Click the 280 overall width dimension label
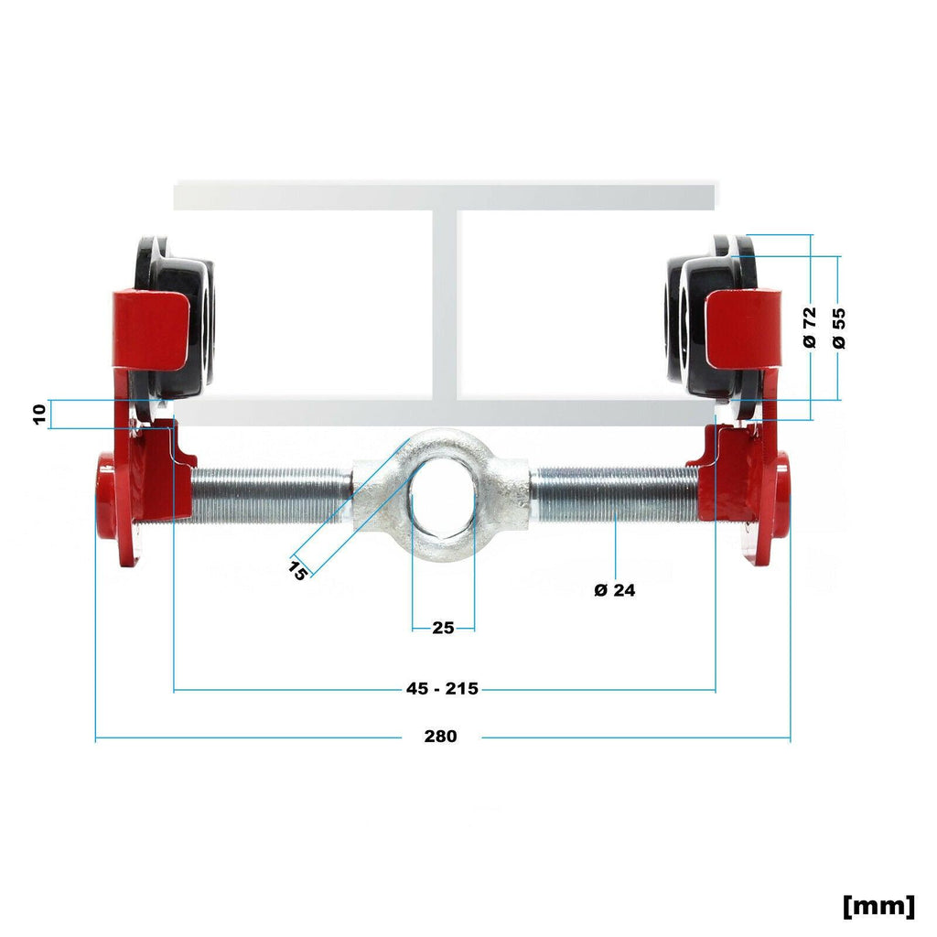tap(440, 736)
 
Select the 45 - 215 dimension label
tap(442, 688)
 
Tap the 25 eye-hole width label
tap(443, 628)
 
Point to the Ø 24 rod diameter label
tap(614, 590)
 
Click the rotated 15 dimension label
tap(298, 569)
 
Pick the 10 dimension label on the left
tap(39, 415)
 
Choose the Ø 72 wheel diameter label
tap(809, 328)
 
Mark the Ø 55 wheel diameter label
tap(839, 328)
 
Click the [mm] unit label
tap(878, 906)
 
